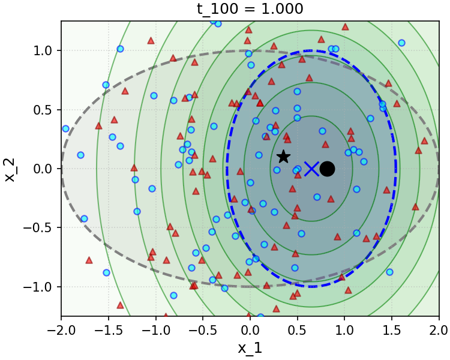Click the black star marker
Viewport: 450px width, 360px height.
pos(283,157)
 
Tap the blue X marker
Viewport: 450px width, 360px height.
pos(311,169)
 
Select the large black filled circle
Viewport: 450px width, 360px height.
pos(327,169)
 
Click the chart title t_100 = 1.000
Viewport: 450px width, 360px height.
pos(250,9)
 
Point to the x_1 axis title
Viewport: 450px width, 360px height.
pos(250,348)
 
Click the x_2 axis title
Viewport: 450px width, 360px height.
pos(10,169)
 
